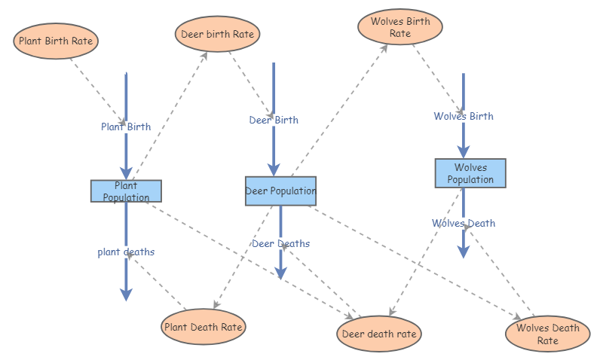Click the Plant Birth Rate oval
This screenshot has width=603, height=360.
pos(57,41)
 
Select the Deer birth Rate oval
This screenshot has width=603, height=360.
pos(219,34)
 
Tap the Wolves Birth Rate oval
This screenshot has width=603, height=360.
pos(399,27)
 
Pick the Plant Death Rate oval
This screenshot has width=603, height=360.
pos(204,327)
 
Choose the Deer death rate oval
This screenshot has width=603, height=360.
pos(379,334)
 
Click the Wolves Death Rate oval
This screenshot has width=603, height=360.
pos(547,334)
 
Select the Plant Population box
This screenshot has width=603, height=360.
pos(126,191)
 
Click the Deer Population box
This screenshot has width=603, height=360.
pos(280,191)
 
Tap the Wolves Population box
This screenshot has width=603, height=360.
pos(470,173)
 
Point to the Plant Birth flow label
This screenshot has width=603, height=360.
pos(126,127)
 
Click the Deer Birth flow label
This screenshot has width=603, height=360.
pos(274,120)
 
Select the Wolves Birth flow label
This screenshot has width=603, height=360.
pos(464,116)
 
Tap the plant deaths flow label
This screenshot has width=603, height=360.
pos(126,252)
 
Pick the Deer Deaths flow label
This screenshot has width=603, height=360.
pos(280,243)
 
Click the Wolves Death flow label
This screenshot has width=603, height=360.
pos(464,223)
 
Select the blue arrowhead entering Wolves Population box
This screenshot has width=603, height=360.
pos(464,151)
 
